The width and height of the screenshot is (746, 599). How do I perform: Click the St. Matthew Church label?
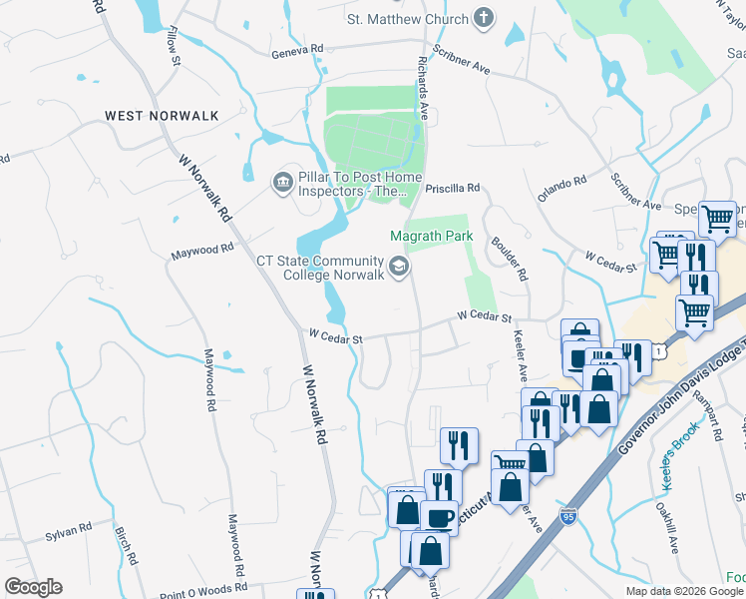click(406, 19)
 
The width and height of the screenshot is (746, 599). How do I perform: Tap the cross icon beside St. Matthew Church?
click(483, 18)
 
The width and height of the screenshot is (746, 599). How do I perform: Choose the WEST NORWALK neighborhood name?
click(162, 116)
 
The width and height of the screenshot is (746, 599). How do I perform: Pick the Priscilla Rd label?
click(453, 187)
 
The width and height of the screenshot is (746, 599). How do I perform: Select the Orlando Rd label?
click(561, 189)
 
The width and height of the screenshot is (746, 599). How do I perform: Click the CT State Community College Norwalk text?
click(320, 269)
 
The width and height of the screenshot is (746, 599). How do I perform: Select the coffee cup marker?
click(439, 518)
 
